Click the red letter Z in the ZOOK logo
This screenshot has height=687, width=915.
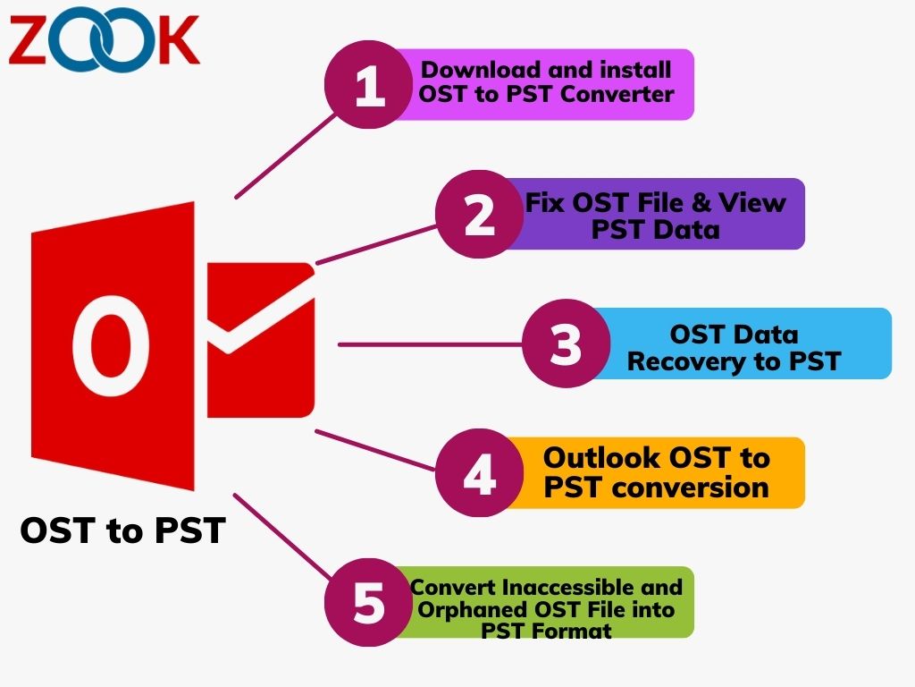pos(27,39)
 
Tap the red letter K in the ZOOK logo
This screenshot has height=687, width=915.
pos(179,39)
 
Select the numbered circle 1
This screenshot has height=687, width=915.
pos(369,85)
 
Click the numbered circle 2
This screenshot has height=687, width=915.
pos(480,215)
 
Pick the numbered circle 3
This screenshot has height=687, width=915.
pos(566,343)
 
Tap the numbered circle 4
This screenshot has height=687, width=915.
pos(480,472)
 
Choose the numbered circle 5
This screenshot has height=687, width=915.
pos(369,602)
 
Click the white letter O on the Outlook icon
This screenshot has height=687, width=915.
pos(110,346)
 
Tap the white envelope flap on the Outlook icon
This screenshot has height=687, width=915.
pos(261,316)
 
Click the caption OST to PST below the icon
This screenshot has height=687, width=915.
pos(122,530)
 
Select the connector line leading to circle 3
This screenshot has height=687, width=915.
pos(430,344)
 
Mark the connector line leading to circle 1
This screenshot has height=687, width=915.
pos(286,156)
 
